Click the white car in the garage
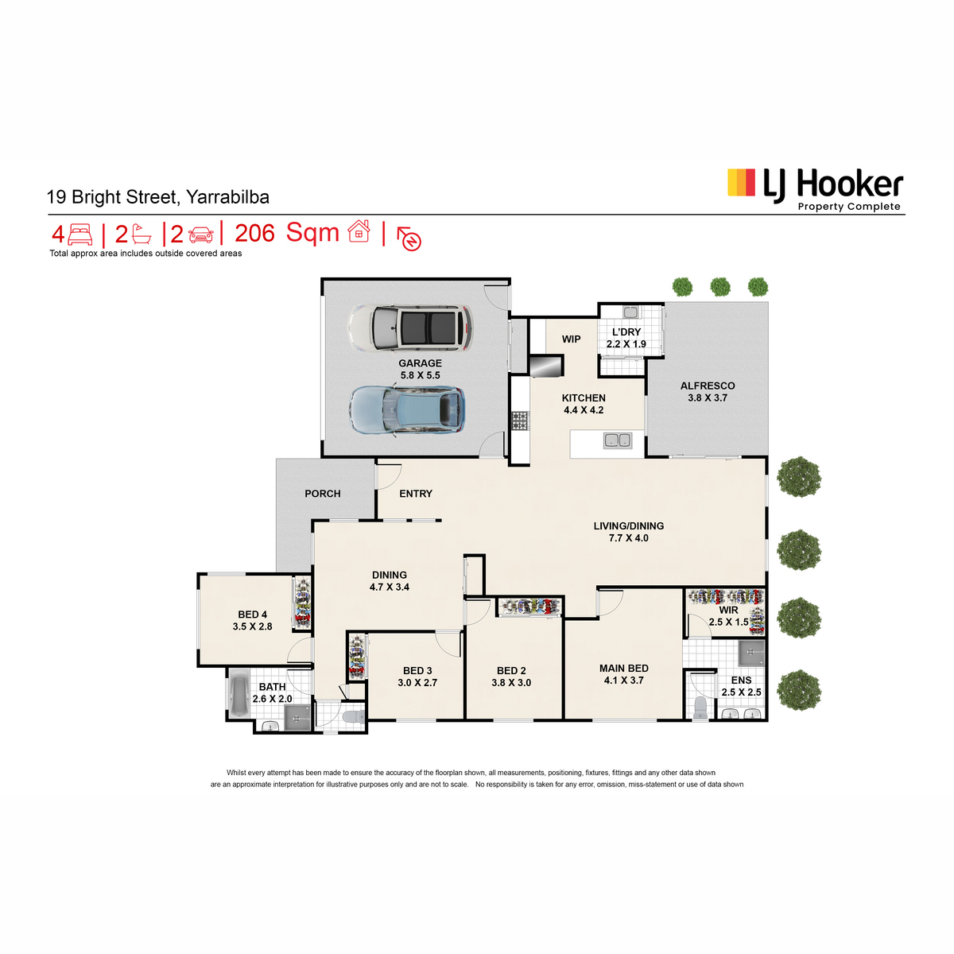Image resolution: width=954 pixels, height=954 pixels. [410, 328]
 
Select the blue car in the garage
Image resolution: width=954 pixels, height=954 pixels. [407, 410]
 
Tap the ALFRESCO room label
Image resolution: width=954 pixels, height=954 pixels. [707, 386]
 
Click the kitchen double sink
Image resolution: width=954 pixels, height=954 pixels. [618, 440]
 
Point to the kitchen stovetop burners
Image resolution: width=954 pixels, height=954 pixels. [519, 421]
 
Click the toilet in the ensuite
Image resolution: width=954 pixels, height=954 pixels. [700, 708]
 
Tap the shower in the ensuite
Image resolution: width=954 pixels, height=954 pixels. [751, 653]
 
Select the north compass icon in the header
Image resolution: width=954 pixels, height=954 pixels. [409, 238]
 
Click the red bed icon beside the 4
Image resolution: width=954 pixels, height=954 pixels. [79, 235]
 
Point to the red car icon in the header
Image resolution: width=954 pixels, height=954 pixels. [201, 235]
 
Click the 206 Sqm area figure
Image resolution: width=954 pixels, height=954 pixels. [287, 233]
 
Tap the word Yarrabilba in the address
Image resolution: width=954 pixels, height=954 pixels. [227, 197]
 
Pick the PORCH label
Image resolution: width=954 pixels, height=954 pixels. [322, 494]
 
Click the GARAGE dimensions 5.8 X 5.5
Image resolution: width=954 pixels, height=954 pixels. [420, 375]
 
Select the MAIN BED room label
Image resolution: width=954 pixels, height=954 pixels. [624, 669]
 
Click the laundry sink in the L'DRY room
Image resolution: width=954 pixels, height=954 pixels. [630, 312]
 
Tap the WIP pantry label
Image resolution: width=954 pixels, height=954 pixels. [571, 339]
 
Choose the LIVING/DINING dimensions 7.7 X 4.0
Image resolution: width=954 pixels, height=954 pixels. [628, 538]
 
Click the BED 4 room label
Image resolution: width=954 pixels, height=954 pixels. [252, 615]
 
